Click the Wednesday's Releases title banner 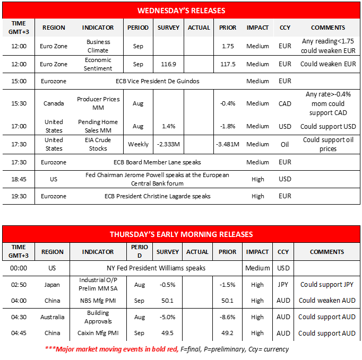pos(181,11)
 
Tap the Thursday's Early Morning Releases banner pos(181,234)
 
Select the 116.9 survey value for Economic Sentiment pos(168,64)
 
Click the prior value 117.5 pos(228,64)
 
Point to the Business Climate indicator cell pos(98,46)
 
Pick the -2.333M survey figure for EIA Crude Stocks pos(168,144)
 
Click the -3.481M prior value pos(228,144)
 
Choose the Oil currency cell pos(285,144)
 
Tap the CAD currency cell pos(285,103)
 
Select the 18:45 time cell pos(19,179)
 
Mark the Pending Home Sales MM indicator pos(98,126)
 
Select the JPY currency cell pos(283,285)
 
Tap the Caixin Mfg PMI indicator pos(98,333)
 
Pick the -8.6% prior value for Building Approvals pos(227,317)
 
